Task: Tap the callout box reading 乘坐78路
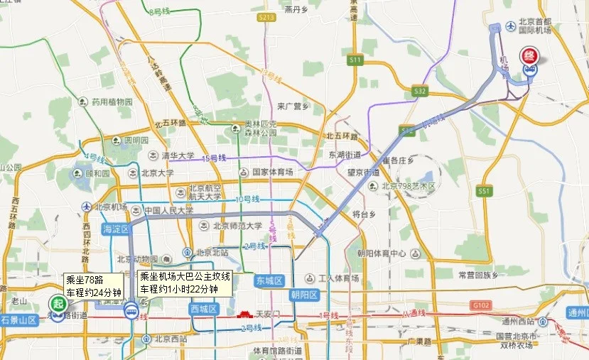coord(94,285)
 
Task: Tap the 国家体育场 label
coord(272,172)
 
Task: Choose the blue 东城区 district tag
coord(269,280)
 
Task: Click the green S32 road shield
coord(420,91)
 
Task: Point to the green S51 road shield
coord(485,191)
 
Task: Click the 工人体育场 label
coord(334,278)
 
